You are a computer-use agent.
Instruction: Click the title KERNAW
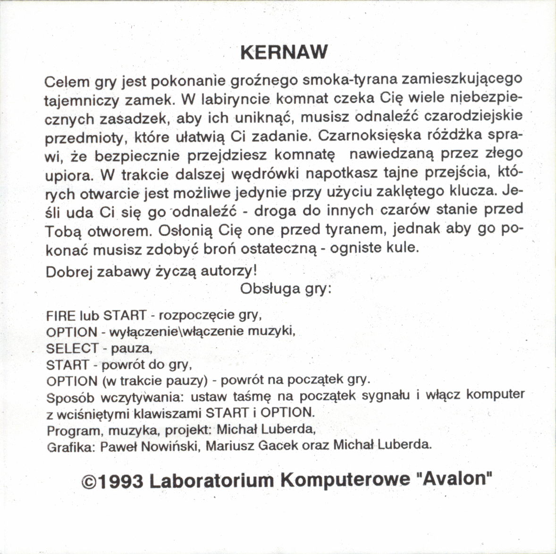pos(284,52)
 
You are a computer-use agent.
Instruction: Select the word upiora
pos(69,175)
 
